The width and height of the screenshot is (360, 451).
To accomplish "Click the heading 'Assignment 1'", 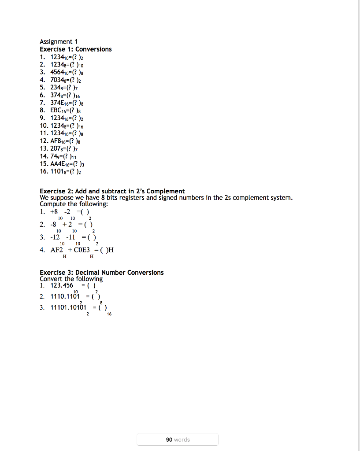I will pos(59,42).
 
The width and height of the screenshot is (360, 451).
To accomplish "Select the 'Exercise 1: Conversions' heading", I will pos(76,49).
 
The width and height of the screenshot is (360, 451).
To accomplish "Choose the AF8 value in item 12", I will pos(58,141).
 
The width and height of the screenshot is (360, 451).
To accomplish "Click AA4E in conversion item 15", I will pos(59,164).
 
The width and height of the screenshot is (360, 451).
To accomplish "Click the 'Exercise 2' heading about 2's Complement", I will pos(112,191).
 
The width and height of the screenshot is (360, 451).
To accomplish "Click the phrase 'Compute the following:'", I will pos(74,204).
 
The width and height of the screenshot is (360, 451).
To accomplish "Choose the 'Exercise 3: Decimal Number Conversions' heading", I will pos(101,273).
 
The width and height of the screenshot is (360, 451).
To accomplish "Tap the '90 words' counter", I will pos(178,440).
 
